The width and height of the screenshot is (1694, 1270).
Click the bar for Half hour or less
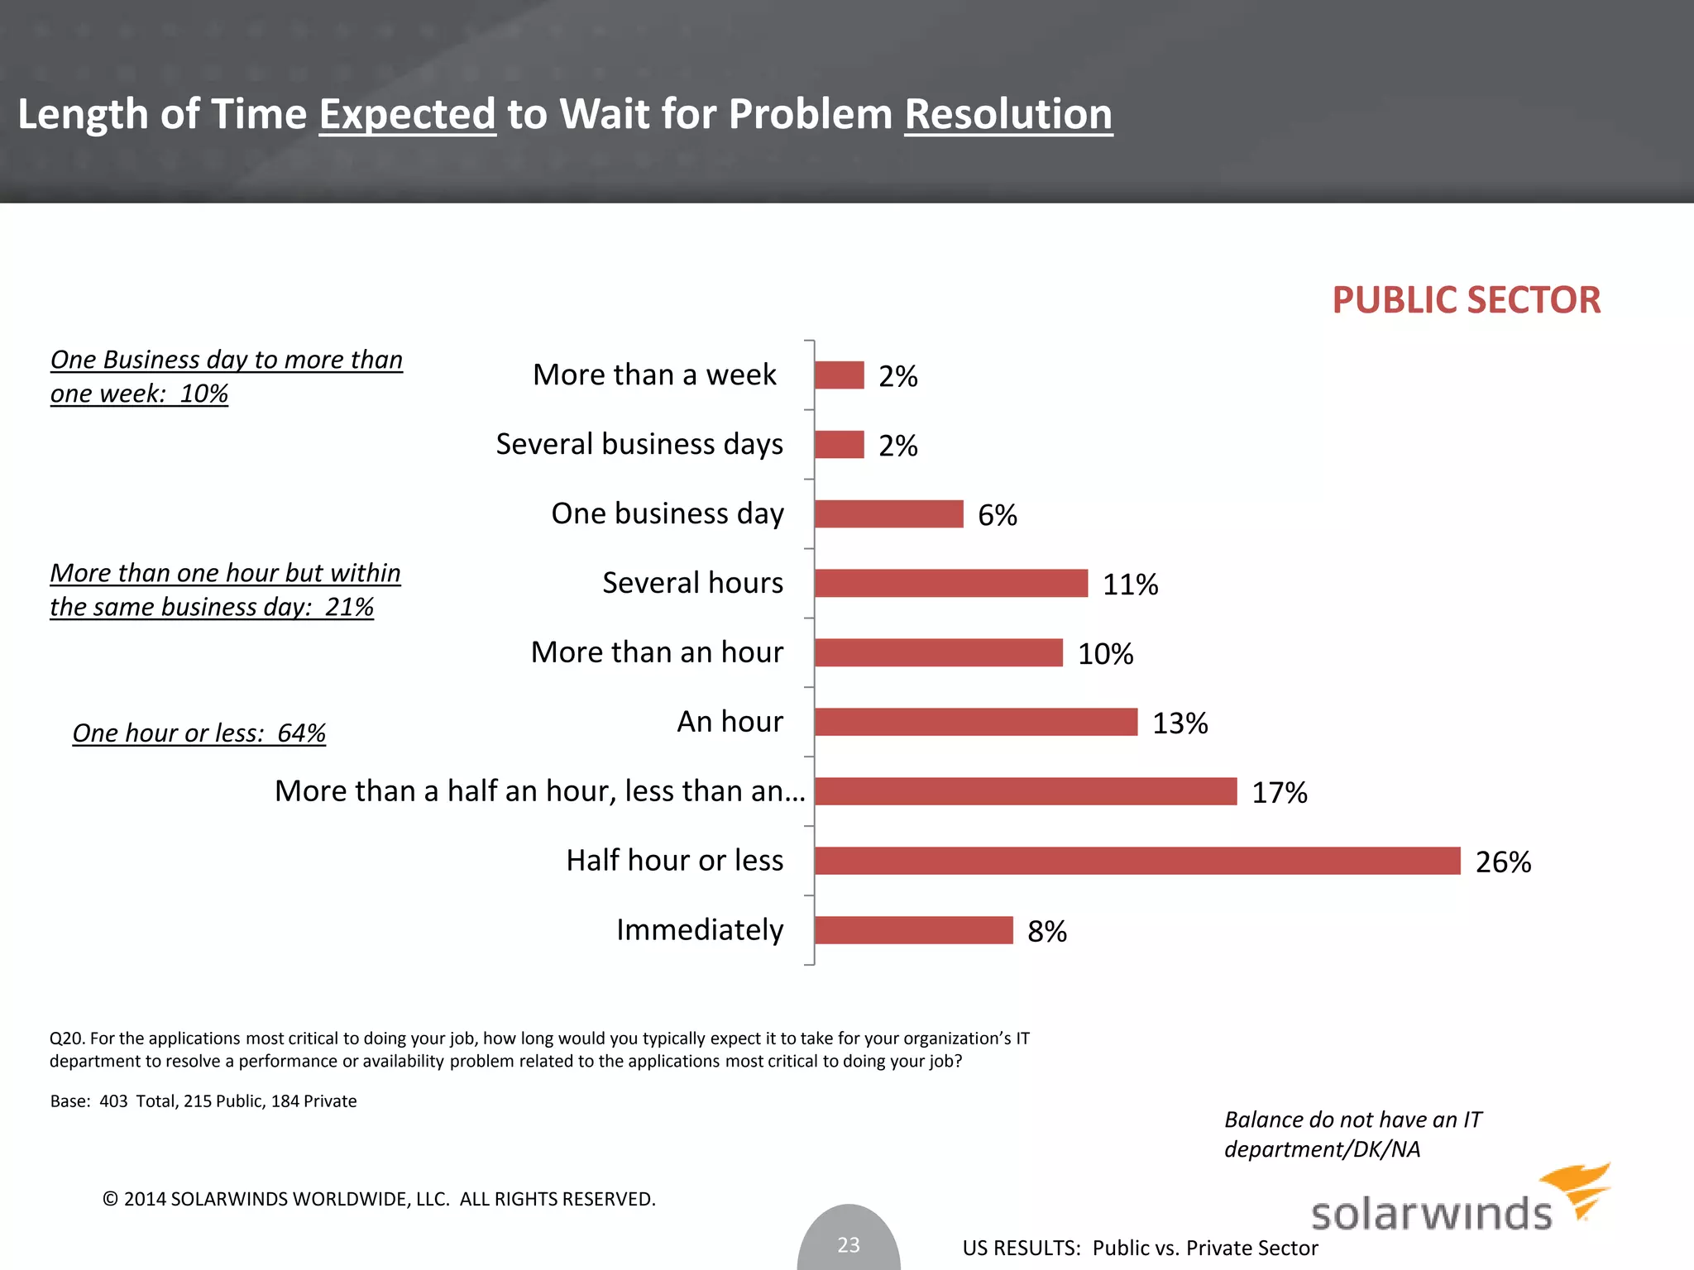[1137, 861]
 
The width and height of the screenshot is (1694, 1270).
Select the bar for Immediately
[913, 930]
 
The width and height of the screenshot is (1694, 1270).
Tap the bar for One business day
[888, 513]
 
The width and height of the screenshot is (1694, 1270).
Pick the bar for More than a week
[839, 375]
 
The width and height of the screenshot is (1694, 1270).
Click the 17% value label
[1279, 793]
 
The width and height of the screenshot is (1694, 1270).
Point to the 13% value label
[1180, 723]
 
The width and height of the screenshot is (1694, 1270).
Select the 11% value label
[1130, 585]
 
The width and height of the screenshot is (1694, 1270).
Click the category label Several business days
[639, 444]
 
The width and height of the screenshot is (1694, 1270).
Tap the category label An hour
[730, 722]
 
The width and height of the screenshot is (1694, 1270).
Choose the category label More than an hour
[657, 652]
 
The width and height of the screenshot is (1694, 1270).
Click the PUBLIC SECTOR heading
[1466, 299]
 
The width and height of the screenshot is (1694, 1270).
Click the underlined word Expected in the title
[407, 114]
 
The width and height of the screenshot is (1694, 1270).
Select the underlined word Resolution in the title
[1008, 114]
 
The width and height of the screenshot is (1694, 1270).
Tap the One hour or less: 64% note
[199, 733]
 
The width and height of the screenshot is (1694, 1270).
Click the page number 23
[849, 1244]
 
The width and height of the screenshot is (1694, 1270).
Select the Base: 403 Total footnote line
[203, 1101]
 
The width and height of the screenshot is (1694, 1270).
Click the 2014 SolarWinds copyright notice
[379, 1199]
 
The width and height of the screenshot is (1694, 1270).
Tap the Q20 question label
[68, 1038]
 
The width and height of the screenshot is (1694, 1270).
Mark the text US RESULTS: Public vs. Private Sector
[1140, 1248]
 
